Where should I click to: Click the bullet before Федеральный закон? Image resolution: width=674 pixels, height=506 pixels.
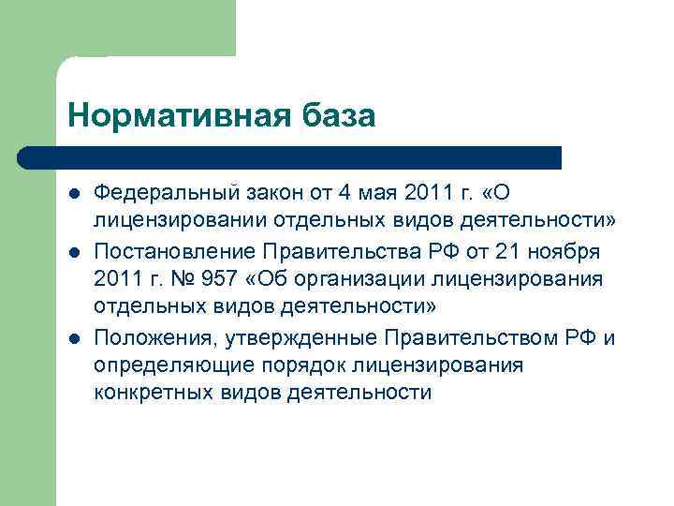[75, 192]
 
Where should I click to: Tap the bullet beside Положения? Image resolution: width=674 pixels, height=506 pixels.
[75, 336]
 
